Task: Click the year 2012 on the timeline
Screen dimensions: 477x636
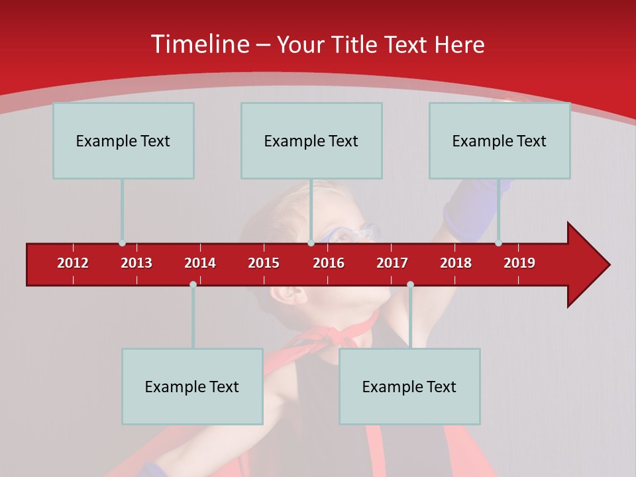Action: [73, 263]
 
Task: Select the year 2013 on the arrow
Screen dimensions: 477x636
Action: [136, 263]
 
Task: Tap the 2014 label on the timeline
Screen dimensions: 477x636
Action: [200, 263]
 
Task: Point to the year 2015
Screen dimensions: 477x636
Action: [264, 263]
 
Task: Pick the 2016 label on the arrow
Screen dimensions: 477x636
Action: [329, 263]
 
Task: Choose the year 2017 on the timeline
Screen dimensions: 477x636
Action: [392, 263]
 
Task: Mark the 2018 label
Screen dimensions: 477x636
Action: [456, 263]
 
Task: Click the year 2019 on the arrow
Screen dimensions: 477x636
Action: [519, 263]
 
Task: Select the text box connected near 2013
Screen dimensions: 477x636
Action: [123, 140]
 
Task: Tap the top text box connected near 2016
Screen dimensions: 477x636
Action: [311, 140]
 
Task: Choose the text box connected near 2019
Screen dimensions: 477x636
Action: [500, 140]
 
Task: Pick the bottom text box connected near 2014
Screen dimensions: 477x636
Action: [192, 386]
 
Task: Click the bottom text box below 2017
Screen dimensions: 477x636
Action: [409, 386]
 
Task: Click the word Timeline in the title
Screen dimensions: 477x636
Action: [199, 44]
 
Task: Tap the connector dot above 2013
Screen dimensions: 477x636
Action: [122, 243]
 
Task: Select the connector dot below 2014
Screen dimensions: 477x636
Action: [193, 284]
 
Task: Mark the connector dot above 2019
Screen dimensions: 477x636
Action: [498, 243]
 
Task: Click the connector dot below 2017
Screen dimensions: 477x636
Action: [410, 284]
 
